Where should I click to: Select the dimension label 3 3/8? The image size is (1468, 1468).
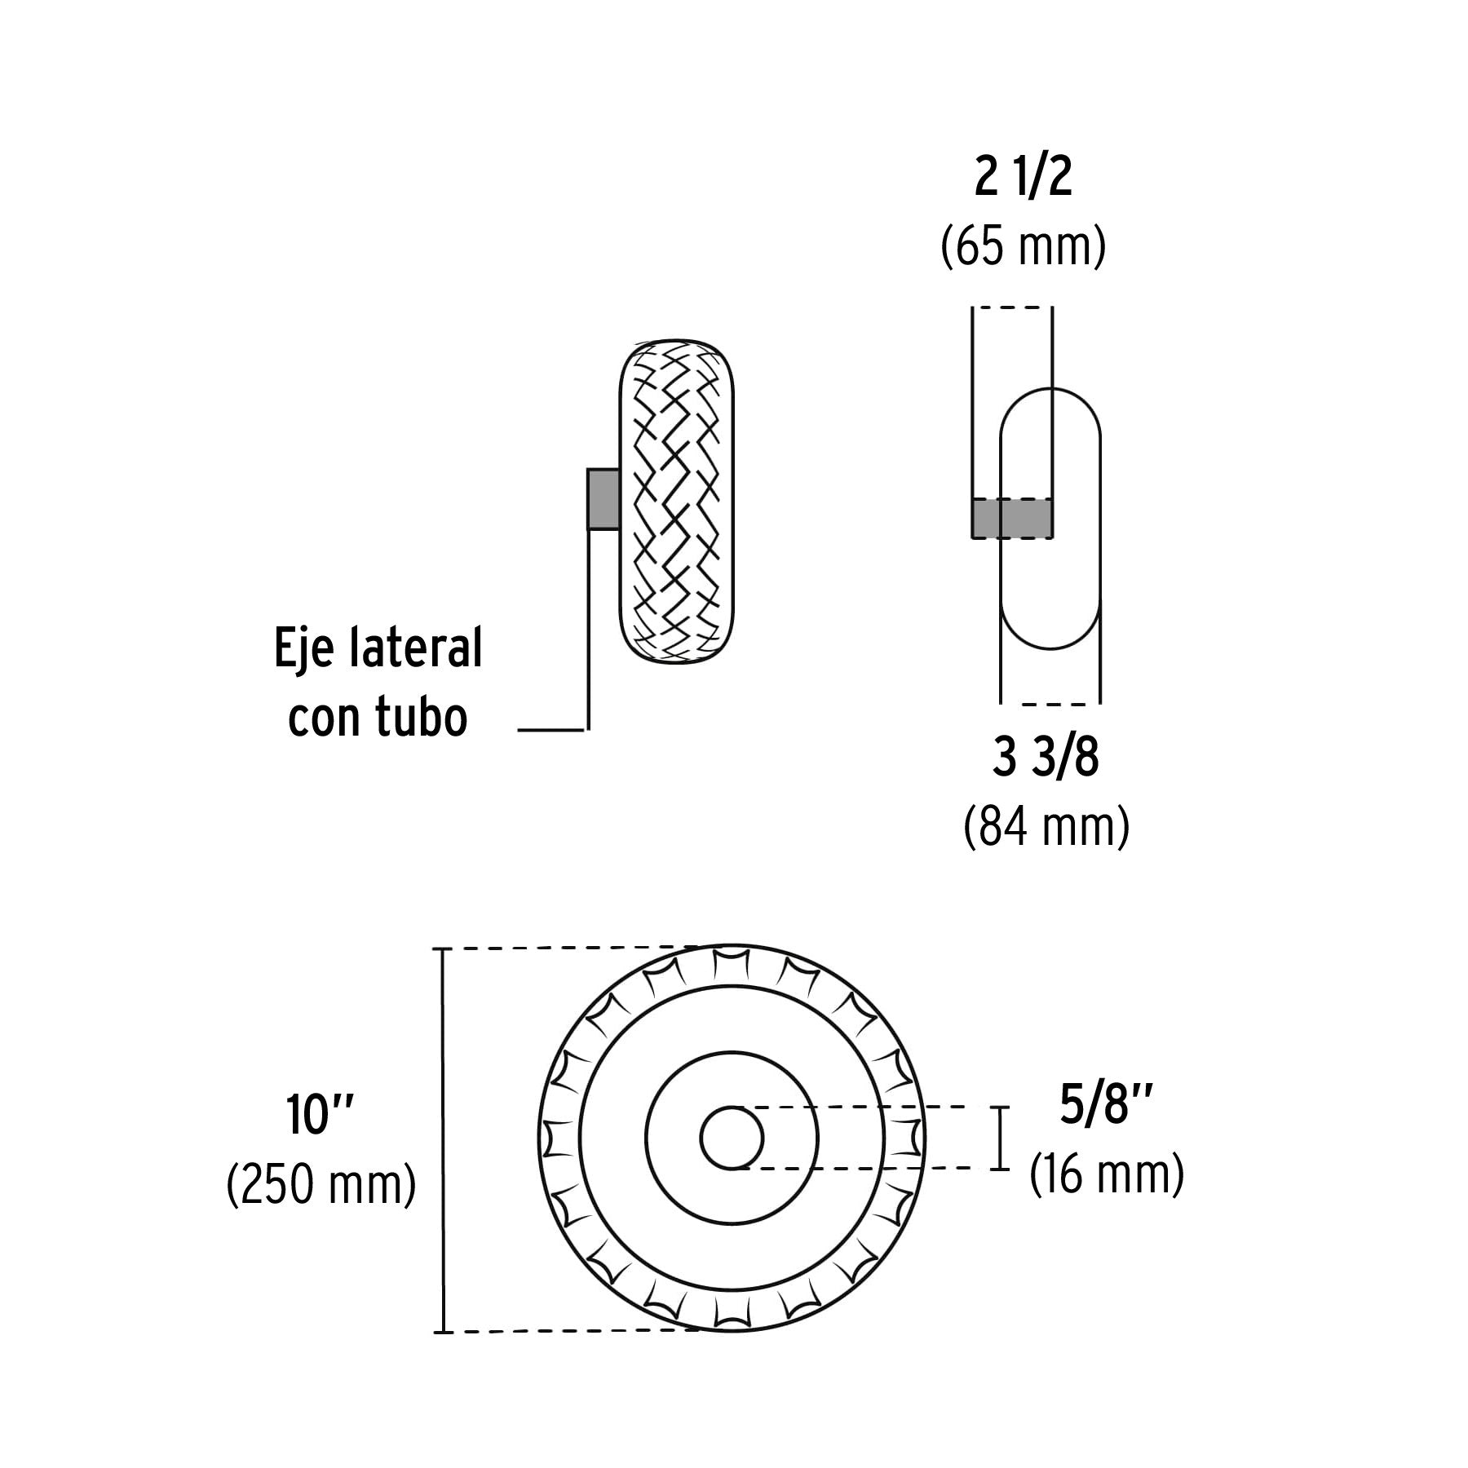(1046, 759)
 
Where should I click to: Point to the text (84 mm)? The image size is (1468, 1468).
(1046, 827)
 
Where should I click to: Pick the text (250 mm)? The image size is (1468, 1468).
(321, 1184)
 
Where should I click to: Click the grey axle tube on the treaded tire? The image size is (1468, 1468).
(603, 499)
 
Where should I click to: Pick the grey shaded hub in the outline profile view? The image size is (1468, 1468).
(1011, 519)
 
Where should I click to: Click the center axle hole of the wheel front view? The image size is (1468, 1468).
(732, 1138)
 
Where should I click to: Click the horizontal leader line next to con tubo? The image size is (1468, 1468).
(551, 730)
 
